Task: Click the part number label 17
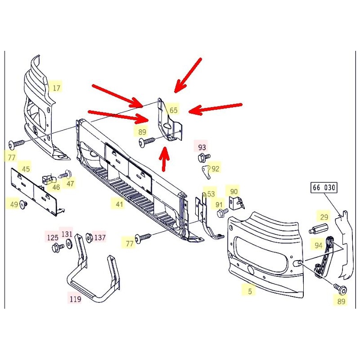click(x=56, y=88)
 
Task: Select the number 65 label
click(x=173, y=110)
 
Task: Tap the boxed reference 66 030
click(x=324, y=187)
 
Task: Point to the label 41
click(x=119, y=204)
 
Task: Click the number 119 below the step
click(x=75, y=298)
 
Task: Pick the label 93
click(x=202, y=147)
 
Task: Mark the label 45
click(x=26, y=169)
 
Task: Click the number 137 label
click(x=99, y=237)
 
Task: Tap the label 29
click(x=324, y=216)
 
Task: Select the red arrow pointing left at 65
click(x=215, y=108)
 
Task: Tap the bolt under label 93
click(x=202, y=157)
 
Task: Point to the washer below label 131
click(x=69, y=243)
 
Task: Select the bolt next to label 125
click(x=58, y=247)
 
